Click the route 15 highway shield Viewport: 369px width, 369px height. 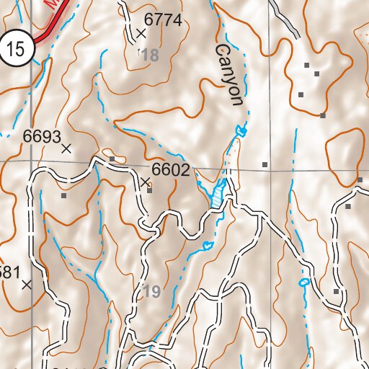17,49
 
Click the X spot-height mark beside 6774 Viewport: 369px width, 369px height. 141,33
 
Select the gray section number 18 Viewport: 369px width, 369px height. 149,55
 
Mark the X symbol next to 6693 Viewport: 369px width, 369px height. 66,148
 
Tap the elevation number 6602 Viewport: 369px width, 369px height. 171,171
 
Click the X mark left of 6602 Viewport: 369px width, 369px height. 145,182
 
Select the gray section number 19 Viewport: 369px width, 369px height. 150,292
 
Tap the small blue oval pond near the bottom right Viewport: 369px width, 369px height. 303,282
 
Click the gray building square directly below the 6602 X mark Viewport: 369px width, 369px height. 149,191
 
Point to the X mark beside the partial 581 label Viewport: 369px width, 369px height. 27,285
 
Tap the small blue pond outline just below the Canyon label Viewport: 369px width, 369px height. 241,130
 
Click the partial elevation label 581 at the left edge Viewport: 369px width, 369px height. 9,272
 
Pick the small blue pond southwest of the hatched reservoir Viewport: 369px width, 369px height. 208,246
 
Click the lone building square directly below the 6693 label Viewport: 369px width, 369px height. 63,195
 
